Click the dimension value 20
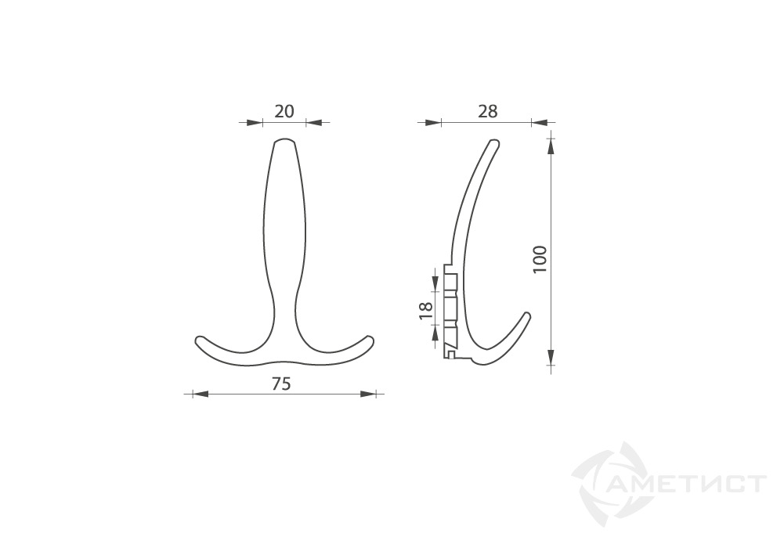(x=284, y=111)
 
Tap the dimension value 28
(x=487, y=111)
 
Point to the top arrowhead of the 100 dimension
(x=551, y=146)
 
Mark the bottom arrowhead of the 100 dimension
(x=551, y=358)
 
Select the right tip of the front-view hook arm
(x=370, y=340)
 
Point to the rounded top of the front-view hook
(x=284, y=142)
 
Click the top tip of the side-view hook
(x=493, y=143)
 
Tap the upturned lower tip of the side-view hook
(x=528, y=315)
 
